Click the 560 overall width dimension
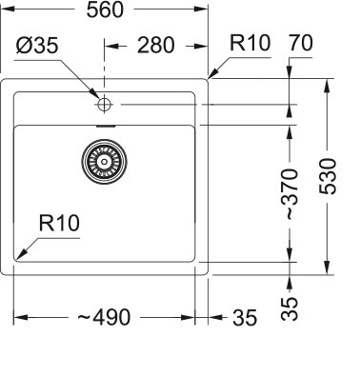pos(110,13)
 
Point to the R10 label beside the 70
pos(250,42)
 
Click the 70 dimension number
pos(300,42)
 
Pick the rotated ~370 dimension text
pos(293,194)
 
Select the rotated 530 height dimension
pos(329,177)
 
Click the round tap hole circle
pos(104,103)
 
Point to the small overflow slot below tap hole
pos(107,125)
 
